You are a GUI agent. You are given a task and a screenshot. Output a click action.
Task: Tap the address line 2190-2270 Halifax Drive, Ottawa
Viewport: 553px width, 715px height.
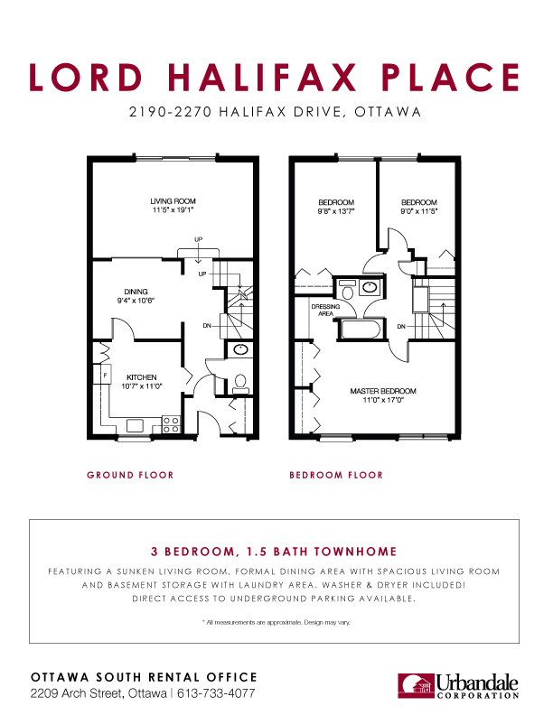(x=276, y=114)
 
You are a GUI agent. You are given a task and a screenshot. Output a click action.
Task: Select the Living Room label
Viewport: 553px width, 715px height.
(x=173, y=201)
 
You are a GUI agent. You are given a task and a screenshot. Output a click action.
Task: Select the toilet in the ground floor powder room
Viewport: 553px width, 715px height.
(x=240, y=383)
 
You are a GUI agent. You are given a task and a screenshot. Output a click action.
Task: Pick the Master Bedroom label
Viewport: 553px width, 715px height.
(x=382, y=391)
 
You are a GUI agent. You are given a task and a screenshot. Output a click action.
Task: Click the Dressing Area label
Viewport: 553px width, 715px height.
(x=326, y=311)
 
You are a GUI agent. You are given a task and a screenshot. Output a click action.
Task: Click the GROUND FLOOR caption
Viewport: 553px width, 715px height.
(x=130, y=475)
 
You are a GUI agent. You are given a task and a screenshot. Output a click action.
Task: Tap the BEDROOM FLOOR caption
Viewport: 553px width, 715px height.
(x=335, y=475)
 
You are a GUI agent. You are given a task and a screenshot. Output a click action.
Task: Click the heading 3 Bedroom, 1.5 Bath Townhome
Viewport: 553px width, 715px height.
(x=276, y=550)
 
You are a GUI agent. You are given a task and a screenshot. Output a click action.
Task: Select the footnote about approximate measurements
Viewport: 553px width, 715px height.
(x=276, y=623)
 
